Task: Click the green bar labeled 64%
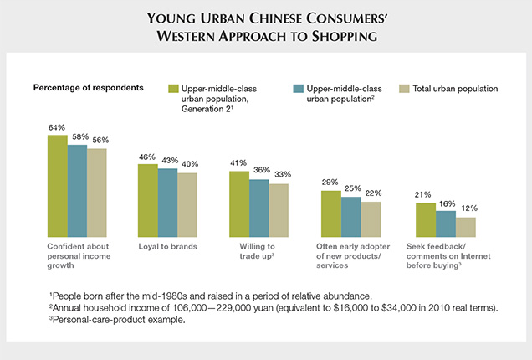(x=57, y=186)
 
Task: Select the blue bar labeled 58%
(x=77, y=190)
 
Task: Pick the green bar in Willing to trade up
(x=239, y=203)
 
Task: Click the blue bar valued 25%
(x=351, y=217)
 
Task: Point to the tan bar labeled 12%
(x=465, y=227)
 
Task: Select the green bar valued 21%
(x=425, y=220)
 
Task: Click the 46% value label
(x=147, y=157)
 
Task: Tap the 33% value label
(x=280, y=176)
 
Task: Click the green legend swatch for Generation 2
(x=173, y=88)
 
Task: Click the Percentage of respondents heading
(x=88, y=87)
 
